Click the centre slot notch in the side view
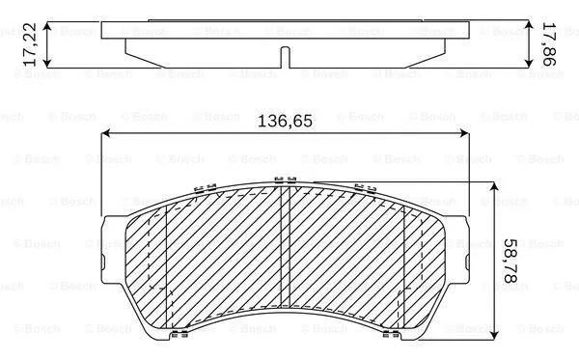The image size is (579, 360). (x=280, y=56)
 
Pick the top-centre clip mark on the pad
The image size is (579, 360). (x=283, y=179)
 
